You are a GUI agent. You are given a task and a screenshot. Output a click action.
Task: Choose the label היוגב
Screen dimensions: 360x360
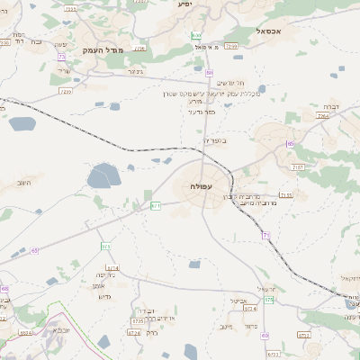[22, 183]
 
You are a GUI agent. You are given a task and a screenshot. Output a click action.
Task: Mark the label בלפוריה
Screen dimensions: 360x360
[216, 140]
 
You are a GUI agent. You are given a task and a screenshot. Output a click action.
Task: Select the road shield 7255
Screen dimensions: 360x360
[231, 45]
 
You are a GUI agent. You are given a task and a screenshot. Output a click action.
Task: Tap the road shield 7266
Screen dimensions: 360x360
[65, 91]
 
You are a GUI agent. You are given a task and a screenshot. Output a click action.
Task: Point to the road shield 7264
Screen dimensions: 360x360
[323, 116]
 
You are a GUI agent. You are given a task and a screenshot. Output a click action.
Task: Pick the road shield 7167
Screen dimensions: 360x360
[299, 167]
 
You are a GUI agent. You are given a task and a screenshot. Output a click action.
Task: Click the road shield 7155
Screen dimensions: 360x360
[286, 195]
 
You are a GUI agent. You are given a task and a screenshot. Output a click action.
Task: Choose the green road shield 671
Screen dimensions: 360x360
[156, 205]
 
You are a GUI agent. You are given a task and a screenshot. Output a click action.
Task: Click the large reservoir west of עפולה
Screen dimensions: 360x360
[103, 175]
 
